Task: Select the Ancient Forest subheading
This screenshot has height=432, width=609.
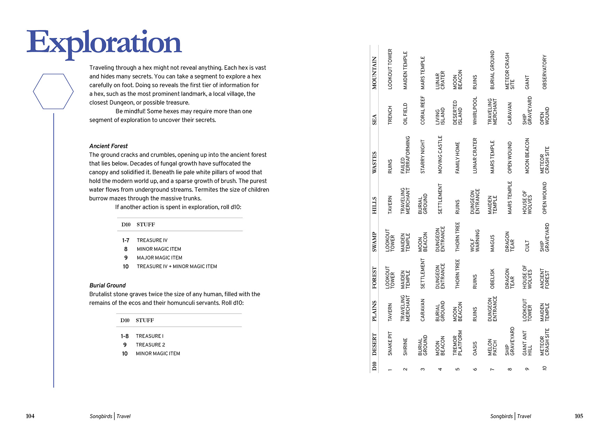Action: pyautogui.click(x=108, y=146)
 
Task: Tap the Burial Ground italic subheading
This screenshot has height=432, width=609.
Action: pyautogui.click(x=107, y=285)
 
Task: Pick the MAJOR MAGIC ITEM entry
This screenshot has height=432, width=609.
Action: pyautogui.click(x=159, y=258)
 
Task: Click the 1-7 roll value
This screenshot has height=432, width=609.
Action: pyautogui.click(x=125, y=240)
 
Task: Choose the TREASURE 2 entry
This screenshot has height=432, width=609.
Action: pyautogui.click(x=150, y=345)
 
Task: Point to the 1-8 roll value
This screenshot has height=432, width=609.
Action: pyautogui.click(x=124, y=336)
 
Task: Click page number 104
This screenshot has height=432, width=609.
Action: pyautogui.click(x=30, y=416)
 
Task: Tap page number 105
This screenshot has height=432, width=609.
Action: pyautogui.click(x=579, y=416)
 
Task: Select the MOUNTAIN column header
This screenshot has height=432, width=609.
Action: pyautogui.click(x=375, y=73)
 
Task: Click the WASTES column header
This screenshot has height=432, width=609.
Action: pyautogui.click(x=375, y=162)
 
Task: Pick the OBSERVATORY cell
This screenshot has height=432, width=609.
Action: pyautogui.click(x=545, y=72)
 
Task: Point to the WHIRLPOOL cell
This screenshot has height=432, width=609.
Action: pyautogui.click(x=475, y=111)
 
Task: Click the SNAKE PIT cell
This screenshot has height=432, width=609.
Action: pyautogui.click(x=390, y=343)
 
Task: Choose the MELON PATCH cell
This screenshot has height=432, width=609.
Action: pyautogui.click(x=492, y=347)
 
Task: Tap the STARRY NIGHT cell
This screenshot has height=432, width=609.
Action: pyautogui.click(x=423, y=156)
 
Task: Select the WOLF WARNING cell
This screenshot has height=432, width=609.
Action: pyautogui.click(x=475, y=240)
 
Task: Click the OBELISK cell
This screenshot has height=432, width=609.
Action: pyautogui.click(x=492, y=279)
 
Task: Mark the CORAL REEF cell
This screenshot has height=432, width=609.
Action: pyautogui.click(x=423, y=110)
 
